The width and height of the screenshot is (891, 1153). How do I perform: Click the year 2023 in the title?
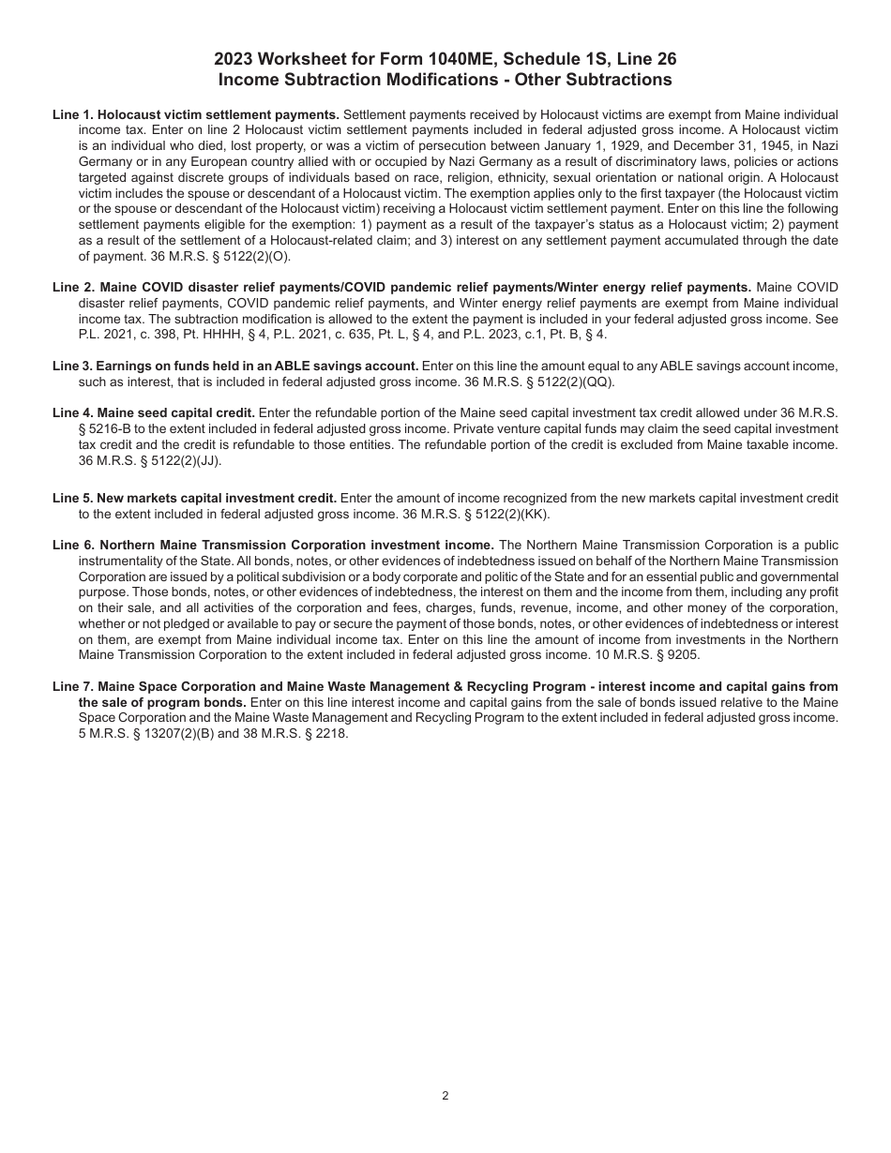point(234,59)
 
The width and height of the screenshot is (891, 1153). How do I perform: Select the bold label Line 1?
point(72,113)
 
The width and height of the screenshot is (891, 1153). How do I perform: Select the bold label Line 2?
point(72,287)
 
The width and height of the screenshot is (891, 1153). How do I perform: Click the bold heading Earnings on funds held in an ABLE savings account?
point(257,366)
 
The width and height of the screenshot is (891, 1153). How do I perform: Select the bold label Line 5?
point(72,498)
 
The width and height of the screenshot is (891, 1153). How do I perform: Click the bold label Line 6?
point(72,545)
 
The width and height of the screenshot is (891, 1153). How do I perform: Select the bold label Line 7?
point(72,687)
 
